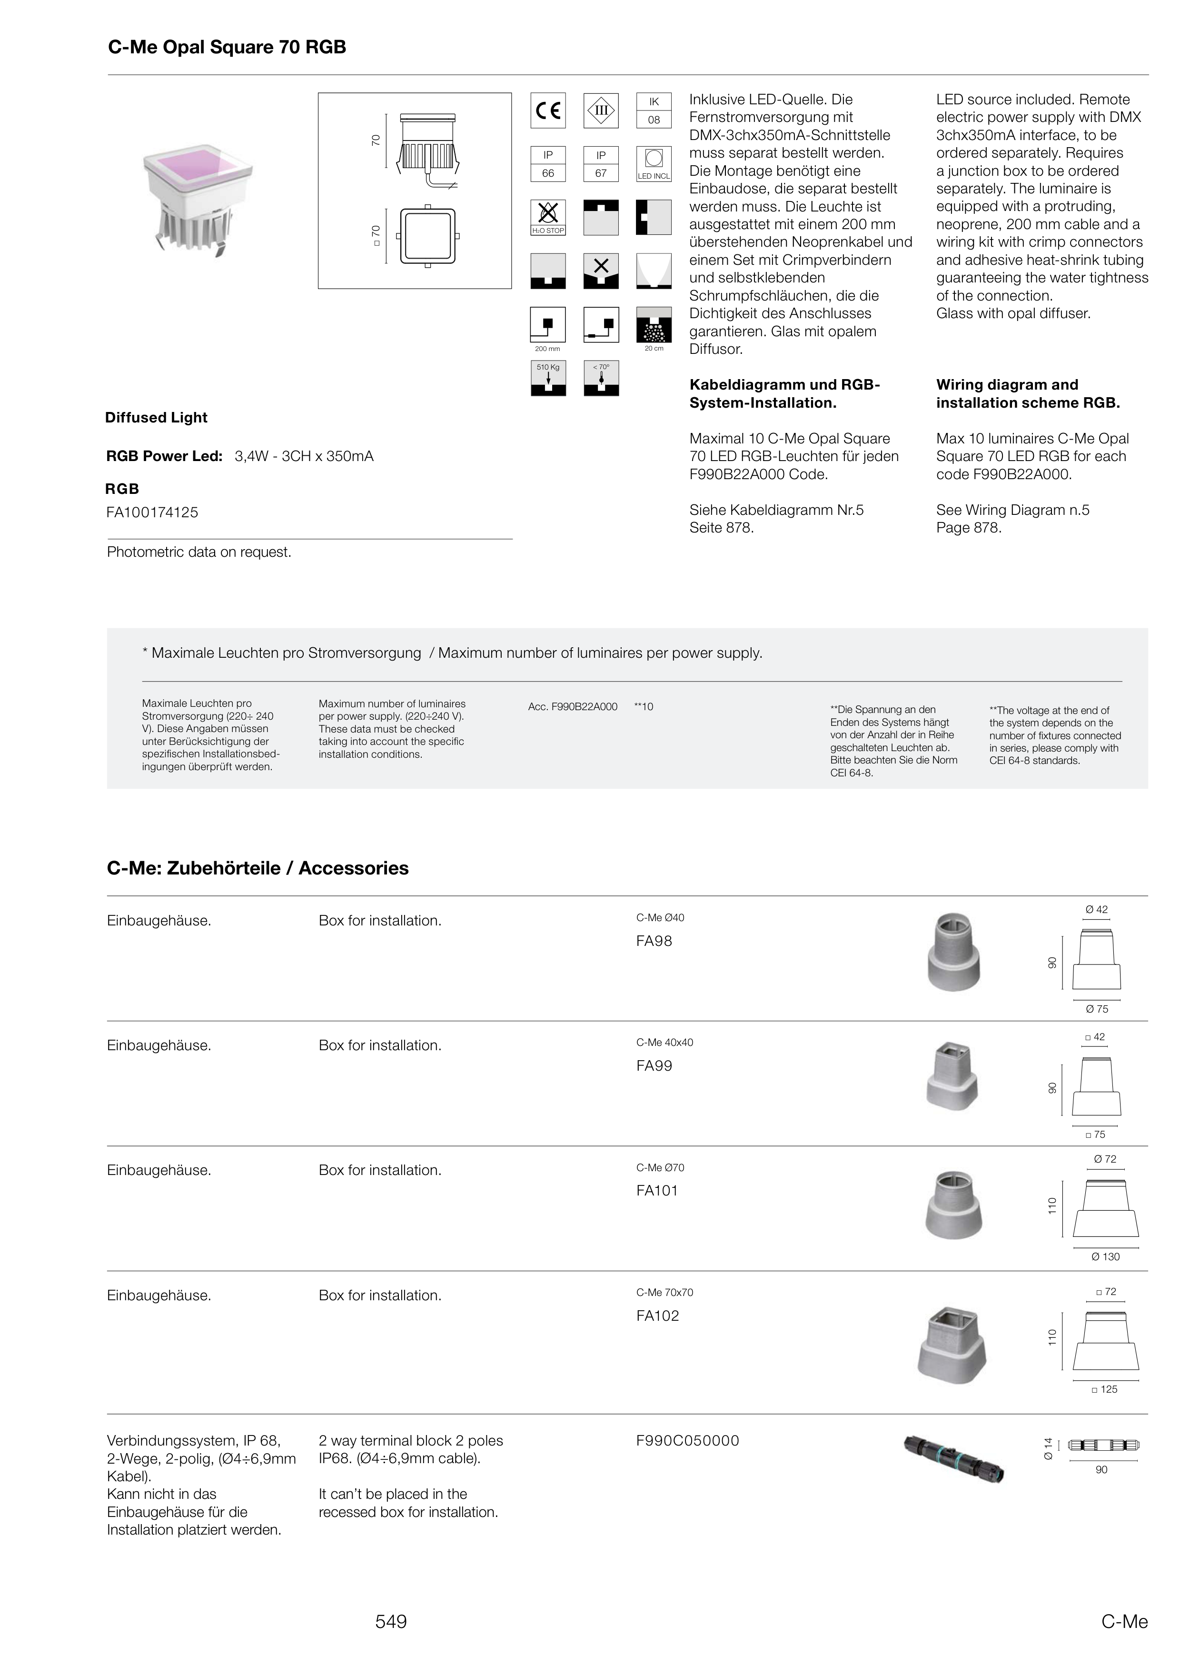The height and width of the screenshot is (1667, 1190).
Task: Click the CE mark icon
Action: click(548, 110)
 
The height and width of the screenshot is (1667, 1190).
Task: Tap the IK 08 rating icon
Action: click(654, 110)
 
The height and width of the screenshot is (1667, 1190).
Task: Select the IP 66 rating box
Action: click(548, 164)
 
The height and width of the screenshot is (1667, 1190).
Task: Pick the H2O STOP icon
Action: click(548, 218)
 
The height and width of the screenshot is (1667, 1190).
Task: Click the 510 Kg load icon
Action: click(548, 378)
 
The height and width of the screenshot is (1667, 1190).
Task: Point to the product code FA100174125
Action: click(152, 512)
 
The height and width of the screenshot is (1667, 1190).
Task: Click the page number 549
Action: click(391, 1622)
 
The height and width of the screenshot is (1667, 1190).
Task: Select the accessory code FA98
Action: click(654, 941)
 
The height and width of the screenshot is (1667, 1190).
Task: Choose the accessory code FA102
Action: click(657, 1316)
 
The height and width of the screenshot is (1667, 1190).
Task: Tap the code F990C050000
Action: click(687, 1440)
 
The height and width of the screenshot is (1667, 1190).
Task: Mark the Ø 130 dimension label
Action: click(1105, 1256)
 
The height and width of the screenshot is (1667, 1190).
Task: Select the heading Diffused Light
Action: click(156, 418)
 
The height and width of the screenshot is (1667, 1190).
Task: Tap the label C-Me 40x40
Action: click(664, 1043)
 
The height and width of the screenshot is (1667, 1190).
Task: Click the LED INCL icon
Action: click(654, 164)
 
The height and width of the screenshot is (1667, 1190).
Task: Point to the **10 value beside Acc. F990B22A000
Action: click(644, 707)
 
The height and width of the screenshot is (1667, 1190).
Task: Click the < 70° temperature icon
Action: click(601, 378)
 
